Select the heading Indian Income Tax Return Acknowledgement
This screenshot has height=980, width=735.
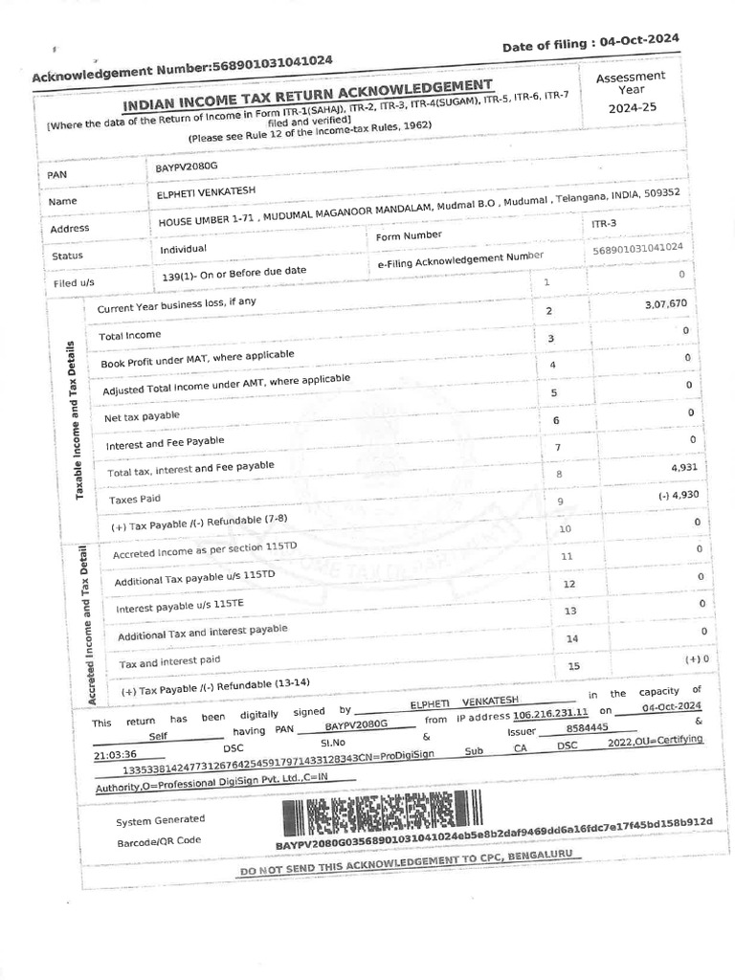tap(308, 97)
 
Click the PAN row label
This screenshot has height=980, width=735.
tap(57, 175)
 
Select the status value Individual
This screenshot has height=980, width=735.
tap(184, 250)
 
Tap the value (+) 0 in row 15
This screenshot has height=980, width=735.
tap(696, 659)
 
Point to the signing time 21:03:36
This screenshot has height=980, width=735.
tap(116, 755)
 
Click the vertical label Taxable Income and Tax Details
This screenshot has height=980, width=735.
tap(79, 417)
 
